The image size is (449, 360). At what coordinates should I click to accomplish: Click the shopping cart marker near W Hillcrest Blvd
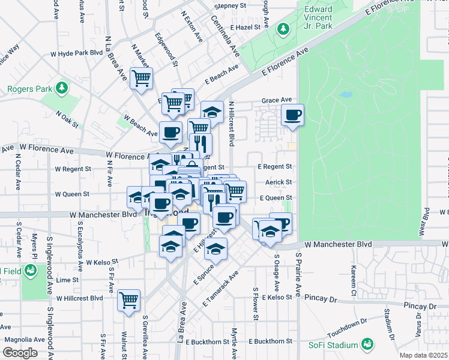click(x=128, y=300)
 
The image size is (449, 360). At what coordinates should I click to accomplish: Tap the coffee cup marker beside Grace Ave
click(x=292, y=115)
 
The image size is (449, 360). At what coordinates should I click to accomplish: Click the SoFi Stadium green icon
click(x=367, y=344)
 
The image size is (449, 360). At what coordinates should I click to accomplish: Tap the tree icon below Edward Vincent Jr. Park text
click(x=283, y=29)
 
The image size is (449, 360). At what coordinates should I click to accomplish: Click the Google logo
click(x=20, y=353)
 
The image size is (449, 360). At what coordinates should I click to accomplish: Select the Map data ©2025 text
click(x=423, y=355)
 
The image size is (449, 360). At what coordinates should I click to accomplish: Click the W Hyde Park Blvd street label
click(x=77, y=53)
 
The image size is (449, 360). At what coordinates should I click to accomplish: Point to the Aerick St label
click(x=279, y=182)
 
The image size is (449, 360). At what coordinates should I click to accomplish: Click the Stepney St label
click(x=227, y=6)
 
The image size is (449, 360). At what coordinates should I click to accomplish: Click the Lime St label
click(x=63, y=280)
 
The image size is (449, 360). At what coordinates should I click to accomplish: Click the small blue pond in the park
click(x=346, y=95)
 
